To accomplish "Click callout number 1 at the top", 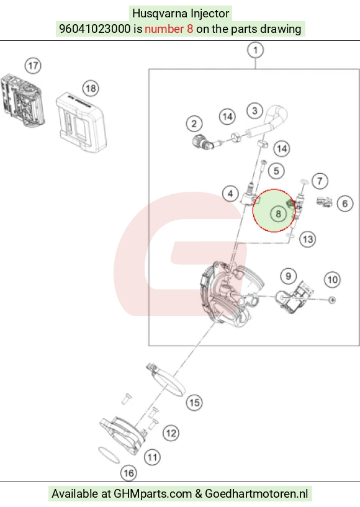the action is [x=255, y=50].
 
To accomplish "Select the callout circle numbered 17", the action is [x=33, y=66].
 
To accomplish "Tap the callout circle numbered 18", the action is [x=91, y=89].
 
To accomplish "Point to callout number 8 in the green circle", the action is [x=278, y=213].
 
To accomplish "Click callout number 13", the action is [x=308, y=240].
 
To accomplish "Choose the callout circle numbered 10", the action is [x=333, y=280].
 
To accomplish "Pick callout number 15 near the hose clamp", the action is [x=194, y=403].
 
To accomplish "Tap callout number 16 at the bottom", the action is [x=128, y=473].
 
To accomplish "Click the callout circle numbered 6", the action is [x=345, y=204].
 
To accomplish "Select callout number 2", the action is [x=194, y=123].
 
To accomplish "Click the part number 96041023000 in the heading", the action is [x=95, y=29].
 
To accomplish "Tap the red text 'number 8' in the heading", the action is [x=169, y=29].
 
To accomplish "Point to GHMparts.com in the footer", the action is [x=153, y=494].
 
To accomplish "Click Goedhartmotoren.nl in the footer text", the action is [x=256, y=494].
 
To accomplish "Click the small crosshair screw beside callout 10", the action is [x=332, y=300].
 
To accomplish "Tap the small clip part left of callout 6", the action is [x=324, y=202].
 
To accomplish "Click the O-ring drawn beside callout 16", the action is [x=109, y=455].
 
